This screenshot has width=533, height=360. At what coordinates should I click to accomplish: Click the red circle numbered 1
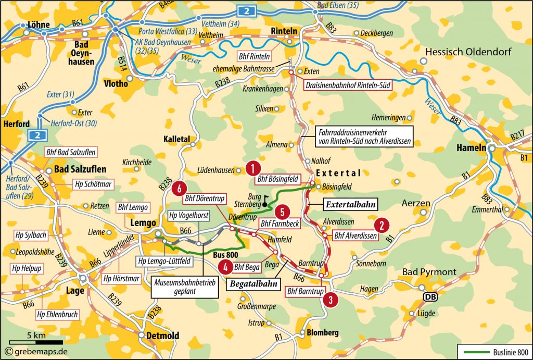click(252, 168)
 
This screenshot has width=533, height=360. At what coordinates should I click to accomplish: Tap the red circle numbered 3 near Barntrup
click(330, 300)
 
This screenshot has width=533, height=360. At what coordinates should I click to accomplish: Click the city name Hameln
click(471, 147)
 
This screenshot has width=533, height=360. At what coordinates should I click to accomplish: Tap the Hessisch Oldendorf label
click(468, 52)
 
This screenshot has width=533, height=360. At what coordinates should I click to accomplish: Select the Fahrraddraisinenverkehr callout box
click(362, 136)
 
